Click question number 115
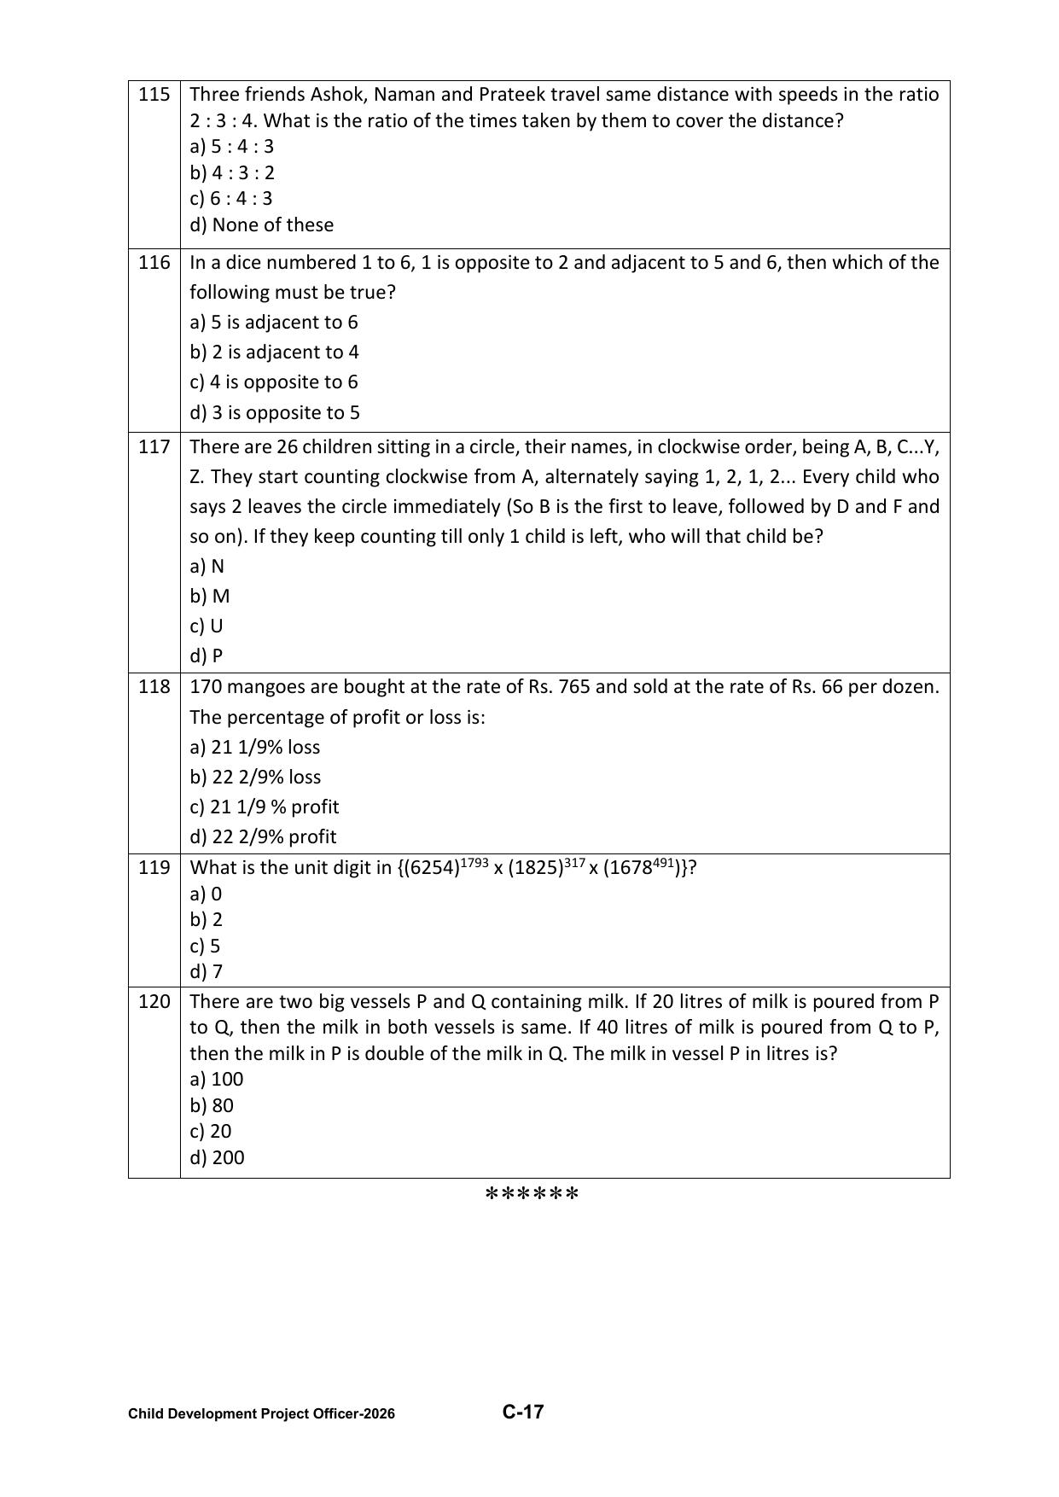(x=154, y=94)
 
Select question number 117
(x=154, y=446)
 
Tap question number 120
(x=154, y=1001)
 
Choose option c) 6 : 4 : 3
(x=231, y=198)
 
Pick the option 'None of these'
(x=262, y=224)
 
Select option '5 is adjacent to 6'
(x=274, y=322)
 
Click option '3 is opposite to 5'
(x=275, y=412)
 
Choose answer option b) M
(x=210, y=596)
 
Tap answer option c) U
(x=207, y=626)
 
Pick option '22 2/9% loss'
(x=256, y=777)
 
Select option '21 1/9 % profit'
(x=265, y=807)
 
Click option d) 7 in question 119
(x=206, y=971)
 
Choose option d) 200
(x=217, y=1157)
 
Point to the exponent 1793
(x=474, y=863)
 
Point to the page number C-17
(x=523, y=1412)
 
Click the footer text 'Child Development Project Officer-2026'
(x=261, y=1414)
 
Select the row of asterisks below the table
(x=532, y=1193)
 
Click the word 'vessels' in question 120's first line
(x=381, y=1001)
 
